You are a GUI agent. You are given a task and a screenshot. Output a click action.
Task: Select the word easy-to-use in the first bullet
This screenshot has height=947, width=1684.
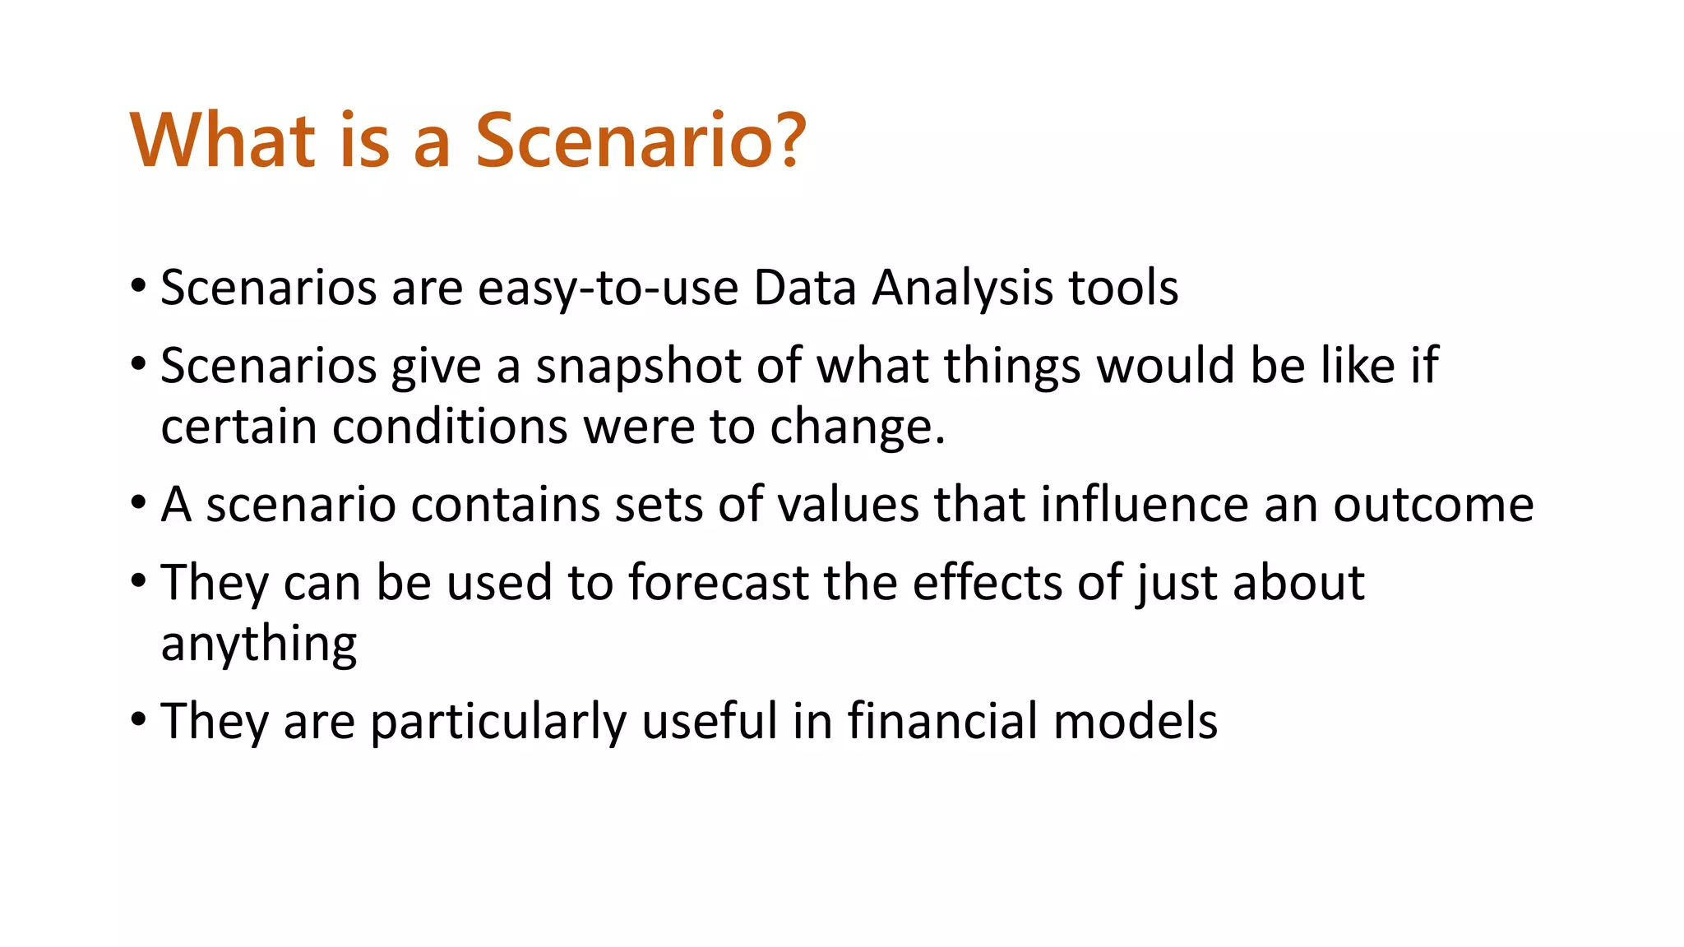pos(608,289)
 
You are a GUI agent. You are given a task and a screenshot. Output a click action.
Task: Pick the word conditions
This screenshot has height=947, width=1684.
pos(450,427)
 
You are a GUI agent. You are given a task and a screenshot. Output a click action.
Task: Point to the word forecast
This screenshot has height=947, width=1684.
pos(719,583)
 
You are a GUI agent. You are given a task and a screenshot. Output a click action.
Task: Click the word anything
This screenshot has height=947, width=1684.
pos(259,644)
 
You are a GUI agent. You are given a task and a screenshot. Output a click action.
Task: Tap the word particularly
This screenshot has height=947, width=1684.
pos(498,722)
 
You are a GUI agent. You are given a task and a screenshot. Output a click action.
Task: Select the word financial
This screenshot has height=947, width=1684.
pos(942,722)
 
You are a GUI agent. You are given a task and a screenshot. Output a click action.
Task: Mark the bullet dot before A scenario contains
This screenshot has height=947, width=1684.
pos(138,503)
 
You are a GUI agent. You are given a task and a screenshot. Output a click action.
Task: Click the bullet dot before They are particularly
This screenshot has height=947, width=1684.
pos(138,720)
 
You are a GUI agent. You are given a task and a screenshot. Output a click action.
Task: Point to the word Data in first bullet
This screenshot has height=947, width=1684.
pos(804,289)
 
